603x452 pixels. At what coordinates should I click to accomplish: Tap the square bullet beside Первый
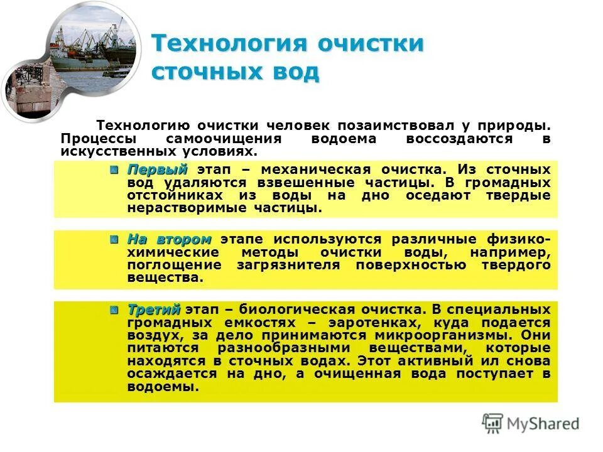click(x=114, y=169)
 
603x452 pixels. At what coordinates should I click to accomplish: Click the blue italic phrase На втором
click(x=170, y=239)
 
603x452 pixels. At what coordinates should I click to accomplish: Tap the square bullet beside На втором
click(x=114, y=239)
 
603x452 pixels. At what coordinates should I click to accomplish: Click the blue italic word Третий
click(x=154, y=309)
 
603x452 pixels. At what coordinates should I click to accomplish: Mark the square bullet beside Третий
click(x=114, y=309)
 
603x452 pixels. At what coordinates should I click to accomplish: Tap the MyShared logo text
click(x=543, y=424)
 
